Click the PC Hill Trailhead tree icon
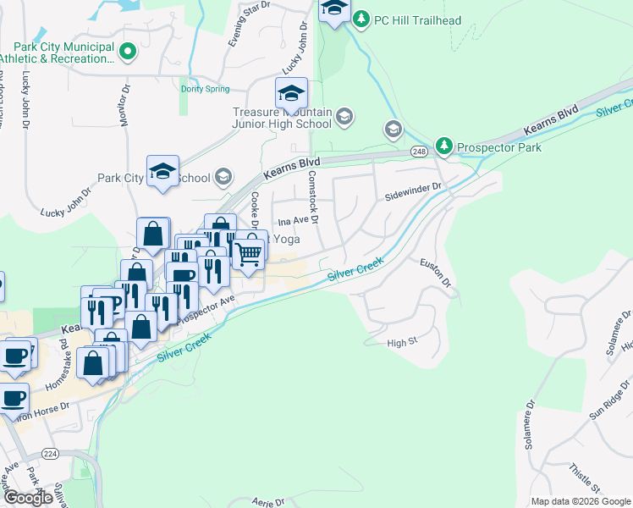click(361, 19)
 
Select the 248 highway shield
click(419, 151)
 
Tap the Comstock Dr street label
click(313, 197)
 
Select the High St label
click(403, 342)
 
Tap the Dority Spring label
click(206, 88)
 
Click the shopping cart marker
click(248, 252)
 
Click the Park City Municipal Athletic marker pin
click(128, 52)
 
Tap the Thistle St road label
click(585, 478)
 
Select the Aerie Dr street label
click(268, 501)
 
